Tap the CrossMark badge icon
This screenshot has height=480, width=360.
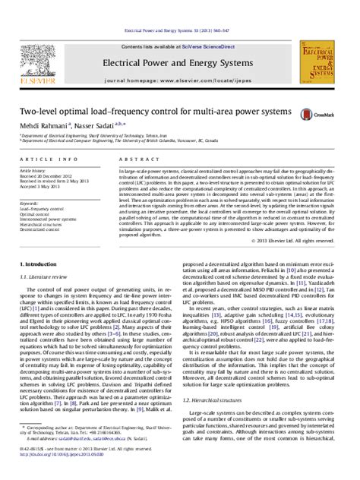[x=310, y=114]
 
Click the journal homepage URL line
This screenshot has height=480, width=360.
[x=179, y=79]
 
